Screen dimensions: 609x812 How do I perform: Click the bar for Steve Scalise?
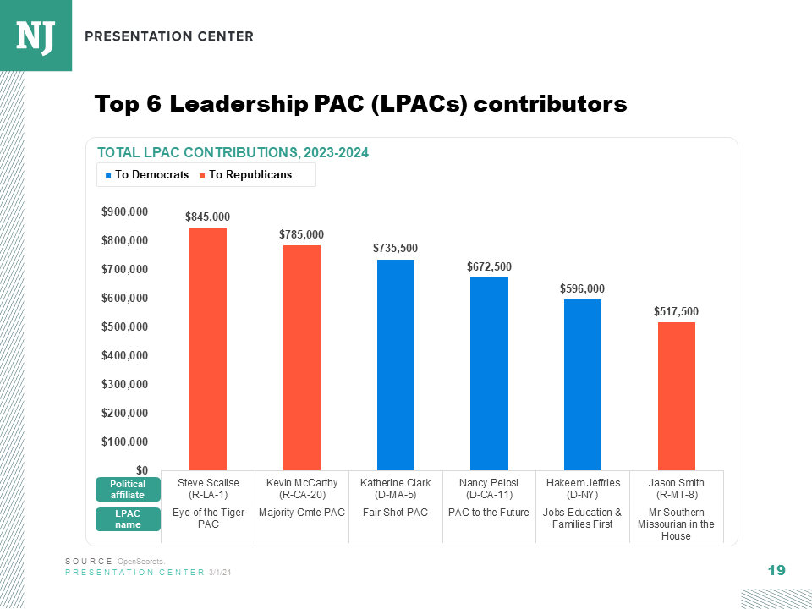pos(208,348)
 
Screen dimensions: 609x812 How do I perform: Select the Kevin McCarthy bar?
pos(302,357)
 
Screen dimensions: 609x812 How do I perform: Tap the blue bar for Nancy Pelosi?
pos(489,373)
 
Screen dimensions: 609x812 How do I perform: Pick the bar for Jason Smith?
pos(677,396)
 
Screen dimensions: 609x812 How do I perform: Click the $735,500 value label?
pos(395,249)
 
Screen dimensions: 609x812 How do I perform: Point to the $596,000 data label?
pos(582,288)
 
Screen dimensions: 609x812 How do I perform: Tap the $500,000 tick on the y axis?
pos(126,327)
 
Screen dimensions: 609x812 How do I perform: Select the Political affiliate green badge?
pos(127,489)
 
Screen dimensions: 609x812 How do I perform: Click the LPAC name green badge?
pos(127,518)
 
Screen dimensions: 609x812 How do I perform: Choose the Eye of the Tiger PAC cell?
pos(208,518)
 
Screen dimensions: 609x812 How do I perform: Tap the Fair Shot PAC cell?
pos(395,513)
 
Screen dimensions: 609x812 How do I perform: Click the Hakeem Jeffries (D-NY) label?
pos(583,489)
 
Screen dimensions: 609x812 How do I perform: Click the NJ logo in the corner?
pos(36,36)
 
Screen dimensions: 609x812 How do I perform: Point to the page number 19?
pos(776,571)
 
